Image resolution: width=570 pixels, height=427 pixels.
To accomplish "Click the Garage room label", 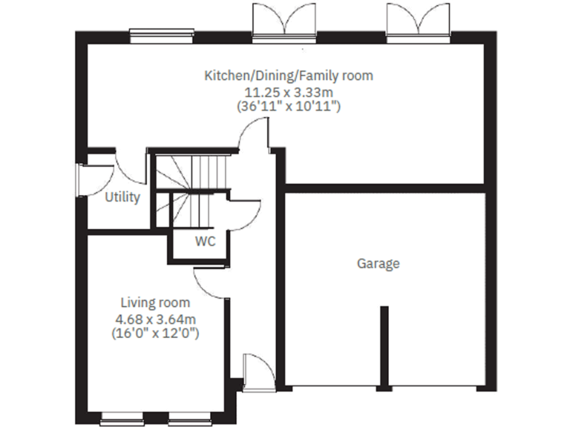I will click(x=379, y=263).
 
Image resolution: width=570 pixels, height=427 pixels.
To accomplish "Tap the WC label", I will click(x=206, y=241).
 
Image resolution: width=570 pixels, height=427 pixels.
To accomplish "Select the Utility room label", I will click(x=122, y=198).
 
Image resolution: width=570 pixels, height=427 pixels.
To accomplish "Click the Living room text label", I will click(x=155, y=302).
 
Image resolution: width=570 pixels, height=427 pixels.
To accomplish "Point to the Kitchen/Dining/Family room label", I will click(x=289, y=76).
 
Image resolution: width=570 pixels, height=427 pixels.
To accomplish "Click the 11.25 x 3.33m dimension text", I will click(x=289, y=91).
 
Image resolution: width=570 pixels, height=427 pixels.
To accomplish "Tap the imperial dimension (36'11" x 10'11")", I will click(x=289, y=107).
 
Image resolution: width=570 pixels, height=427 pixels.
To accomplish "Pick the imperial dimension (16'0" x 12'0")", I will click(x=155, y=333).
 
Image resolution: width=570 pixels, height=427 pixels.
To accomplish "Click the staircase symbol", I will click(x=191, y=189).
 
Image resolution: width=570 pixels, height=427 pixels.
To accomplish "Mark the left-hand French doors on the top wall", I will click(x=285, y=21).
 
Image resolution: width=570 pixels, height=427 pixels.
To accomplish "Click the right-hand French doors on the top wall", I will click(x=419, y=21).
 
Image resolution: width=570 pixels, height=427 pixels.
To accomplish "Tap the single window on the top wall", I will click(x=162, y=33).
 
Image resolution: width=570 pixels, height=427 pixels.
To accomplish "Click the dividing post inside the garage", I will click(x=384, y=345).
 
